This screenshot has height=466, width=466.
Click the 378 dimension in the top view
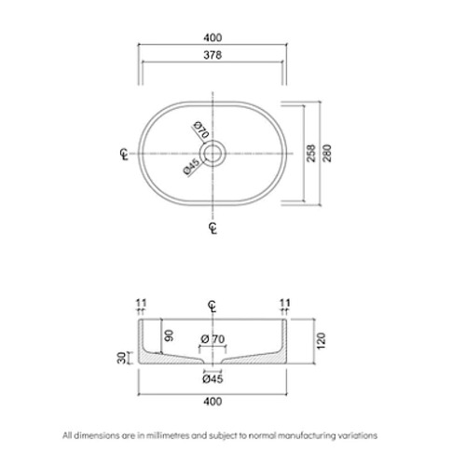212,55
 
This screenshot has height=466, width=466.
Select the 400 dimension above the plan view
212,37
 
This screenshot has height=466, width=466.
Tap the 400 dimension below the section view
212,402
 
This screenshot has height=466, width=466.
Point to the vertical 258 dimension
311,153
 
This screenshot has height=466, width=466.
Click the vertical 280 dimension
327,153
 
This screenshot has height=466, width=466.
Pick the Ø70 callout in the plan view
201,130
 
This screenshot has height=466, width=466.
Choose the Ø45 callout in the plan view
191,167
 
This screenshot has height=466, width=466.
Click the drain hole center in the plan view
212,154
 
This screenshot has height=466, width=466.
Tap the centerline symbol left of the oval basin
124,154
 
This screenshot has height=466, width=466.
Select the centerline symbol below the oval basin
212,228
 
